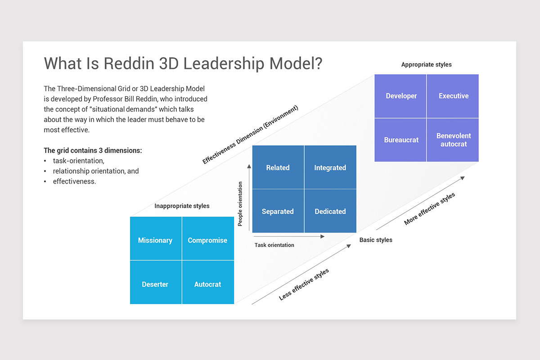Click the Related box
[278, 167]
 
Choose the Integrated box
[330, 167]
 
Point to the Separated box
[278, 211]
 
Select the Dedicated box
[330, 211]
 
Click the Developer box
[401, 96]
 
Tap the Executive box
[453, 96]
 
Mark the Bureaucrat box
[401, 140]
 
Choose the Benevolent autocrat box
[453, 140]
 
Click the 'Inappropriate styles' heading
[182, 206]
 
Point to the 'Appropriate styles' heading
[426, 65]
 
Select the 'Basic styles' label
[376, 240]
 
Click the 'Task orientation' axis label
[274, 245]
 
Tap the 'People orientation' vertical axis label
[240, 203]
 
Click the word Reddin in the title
[129, 63]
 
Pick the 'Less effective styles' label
[304, 284]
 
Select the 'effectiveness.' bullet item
[74, 182]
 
